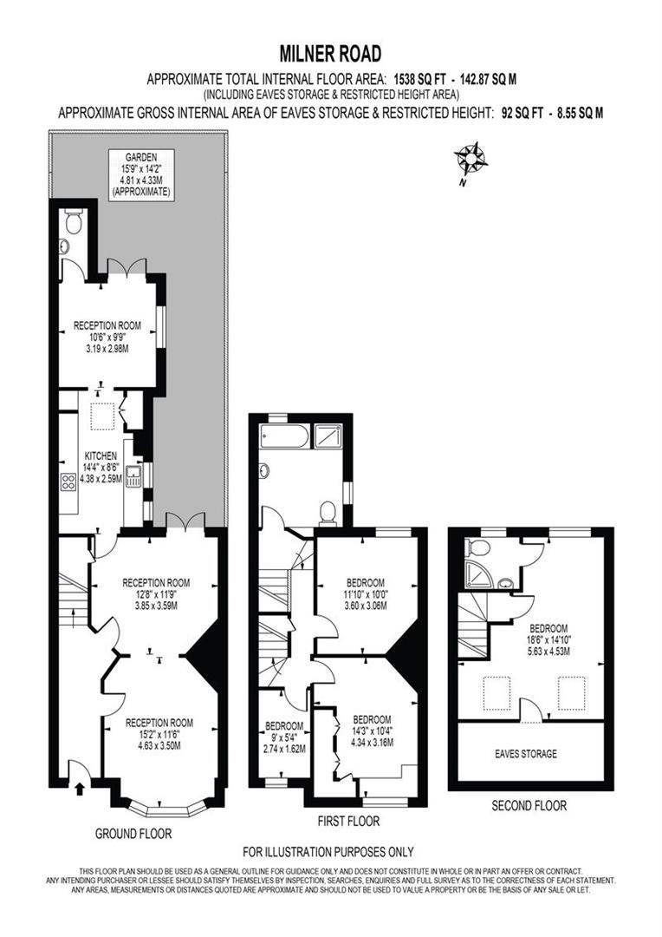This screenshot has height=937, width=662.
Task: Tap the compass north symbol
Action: point(471,159)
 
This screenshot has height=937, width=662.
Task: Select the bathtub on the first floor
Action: point(284,436)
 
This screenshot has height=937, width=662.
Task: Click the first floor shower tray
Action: point(328,436)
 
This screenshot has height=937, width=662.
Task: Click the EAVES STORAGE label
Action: point(526,754)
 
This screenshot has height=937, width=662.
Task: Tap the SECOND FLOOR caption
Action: point(529,806)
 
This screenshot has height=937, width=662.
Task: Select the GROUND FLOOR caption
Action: point(133,834)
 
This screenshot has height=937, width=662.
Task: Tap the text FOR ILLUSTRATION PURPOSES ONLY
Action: point(328,852)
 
